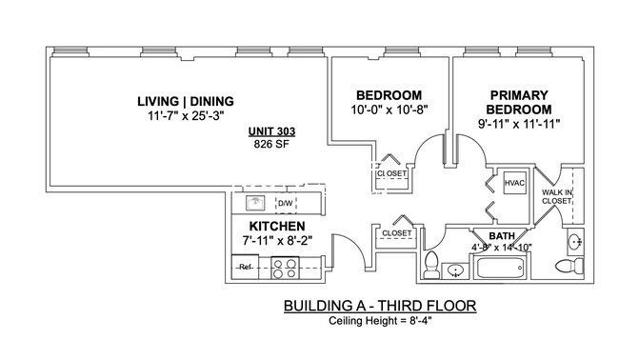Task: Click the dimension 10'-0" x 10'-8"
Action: [389, 110]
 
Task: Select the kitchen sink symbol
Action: [255, 202]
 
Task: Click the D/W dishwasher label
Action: [285, 203]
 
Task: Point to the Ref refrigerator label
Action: [245, 267]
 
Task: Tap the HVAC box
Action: [514, 183]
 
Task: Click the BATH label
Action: [501, 235]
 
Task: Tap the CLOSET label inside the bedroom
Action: [390, 174]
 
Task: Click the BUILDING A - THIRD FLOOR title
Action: [379, 306]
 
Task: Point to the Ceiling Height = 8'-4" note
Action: [379, 321]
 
